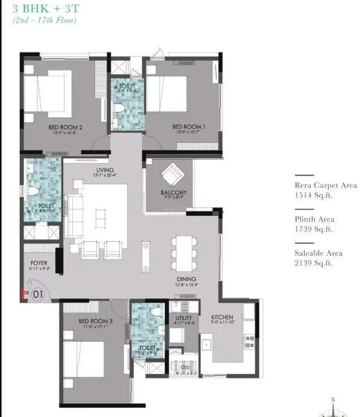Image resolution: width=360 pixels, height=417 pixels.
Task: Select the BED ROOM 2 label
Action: point(65,128)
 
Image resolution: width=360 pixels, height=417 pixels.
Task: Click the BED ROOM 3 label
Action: point(95,322)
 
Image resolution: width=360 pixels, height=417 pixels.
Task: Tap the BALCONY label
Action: point(173,193)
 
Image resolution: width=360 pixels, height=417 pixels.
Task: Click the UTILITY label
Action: point(184,317)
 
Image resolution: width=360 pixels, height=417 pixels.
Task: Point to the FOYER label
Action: point(39,264)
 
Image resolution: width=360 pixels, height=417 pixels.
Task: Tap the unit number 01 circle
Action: point(37,294)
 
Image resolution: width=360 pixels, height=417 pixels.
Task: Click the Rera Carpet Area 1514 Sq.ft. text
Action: point(325,190)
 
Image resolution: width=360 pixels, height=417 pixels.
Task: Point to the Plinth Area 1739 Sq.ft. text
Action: point(314,224)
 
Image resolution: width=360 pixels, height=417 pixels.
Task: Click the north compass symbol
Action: point(332,407)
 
